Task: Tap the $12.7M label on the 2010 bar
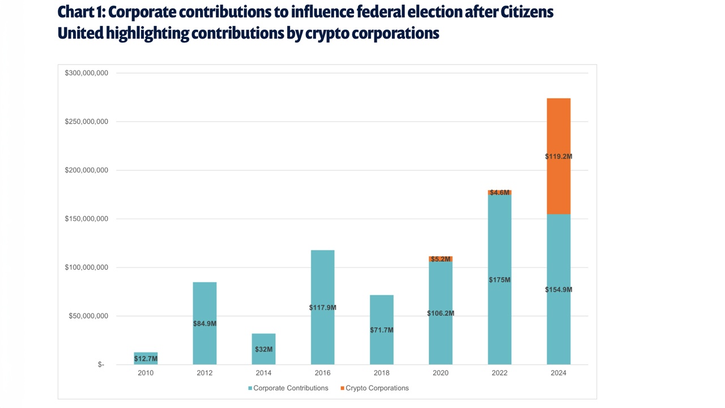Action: pos(146,359)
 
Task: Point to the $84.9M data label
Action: pos(204,324)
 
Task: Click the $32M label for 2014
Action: pos(263,349)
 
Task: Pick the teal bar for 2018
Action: pos(382,312)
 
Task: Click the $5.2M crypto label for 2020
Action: pos(441,259)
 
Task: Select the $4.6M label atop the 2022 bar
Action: pos(500,193)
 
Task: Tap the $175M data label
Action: pos(500,280)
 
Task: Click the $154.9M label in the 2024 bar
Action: pos(558,290)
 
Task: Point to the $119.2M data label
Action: pos(558,156)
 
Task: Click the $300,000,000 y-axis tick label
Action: pos(86,73)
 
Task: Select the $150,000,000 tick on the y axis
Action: pos(86,219)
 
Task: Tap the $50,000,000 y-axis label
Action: pos(88,316)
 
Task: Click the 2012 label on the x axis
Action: pos(204,373)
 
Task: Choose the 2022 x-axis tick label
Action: pos(500,373)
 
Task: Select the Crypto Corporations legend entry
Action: pos(377,388)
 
